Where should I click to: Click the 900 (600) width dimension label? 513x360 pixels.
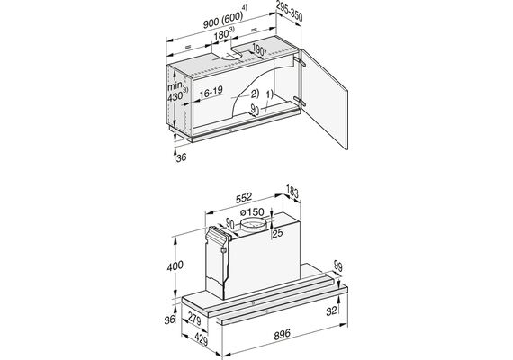click(224, 20)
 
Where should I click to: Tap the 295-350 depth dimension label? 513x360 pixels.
click(289, 12)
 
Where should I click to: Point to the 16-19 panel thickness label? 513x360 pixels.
click(211, 93)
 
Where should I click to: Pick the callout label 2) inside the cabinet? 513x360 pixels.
click(255, 94)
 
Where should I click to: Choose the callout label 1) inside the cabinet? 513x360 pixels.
click(269, 94)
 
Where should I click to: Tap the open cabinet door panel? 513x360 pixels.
click(324, 99)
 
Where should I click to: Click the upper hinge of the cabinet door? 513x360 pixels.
click(300, 61)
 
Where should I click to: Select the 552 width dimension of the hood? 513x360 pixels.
click(244, 197)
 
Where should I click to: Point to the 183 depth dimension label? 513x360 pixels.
click(292, 192)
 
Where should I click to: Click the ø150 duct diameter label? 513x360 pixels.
click(252, 212)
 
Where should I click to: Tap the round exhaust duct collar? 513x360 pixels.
click(253, 226)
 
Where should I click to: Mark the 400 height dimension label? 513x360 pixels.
click(175, 265)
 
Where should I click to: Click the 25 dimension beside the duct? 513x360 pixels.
click(277, 233)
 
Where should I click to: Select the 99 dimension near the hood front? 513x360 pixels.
click(337, 266)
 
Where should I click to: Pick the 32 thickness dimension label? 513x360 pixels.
click(331, 310)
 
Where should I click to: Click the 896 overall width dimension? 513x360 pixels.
click(282, 334)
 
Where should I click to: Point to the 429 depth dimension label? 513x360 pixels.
click(201, 339)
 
